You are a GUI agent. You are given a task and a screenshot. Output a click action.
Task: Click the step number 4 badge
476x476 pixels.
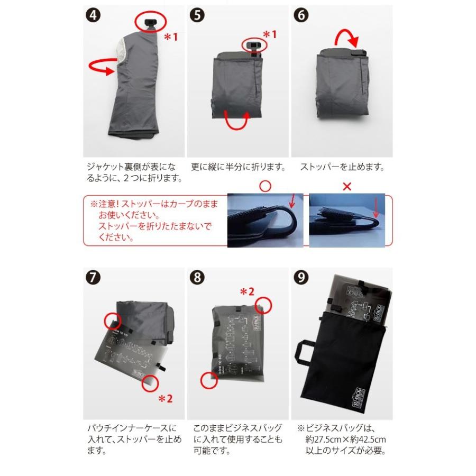pos(93,15)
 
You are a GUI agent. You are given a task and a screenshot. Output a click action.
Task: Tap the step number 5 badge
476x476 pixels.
pos(197,15)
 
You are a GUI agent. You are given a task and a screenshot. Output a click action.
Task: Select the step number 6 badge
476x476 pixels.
pos(301,15)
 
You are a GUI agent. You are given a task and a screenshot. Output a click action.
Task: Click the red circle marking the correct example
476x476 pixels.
pos(266,186)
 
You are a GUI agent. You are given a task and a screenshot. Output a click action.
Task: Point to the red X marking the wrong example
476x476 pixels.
pos(346,186)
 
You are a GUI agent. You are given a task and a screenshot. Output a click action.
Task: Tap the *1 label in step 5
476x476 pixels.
pos(270,34)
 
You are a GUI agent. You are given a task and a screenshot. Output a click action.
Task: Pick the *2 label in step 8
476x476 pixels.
pos(248,291)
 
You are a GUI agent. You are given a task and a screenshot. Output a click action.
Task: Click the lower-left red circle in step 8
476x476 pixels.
pos(208,380)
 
